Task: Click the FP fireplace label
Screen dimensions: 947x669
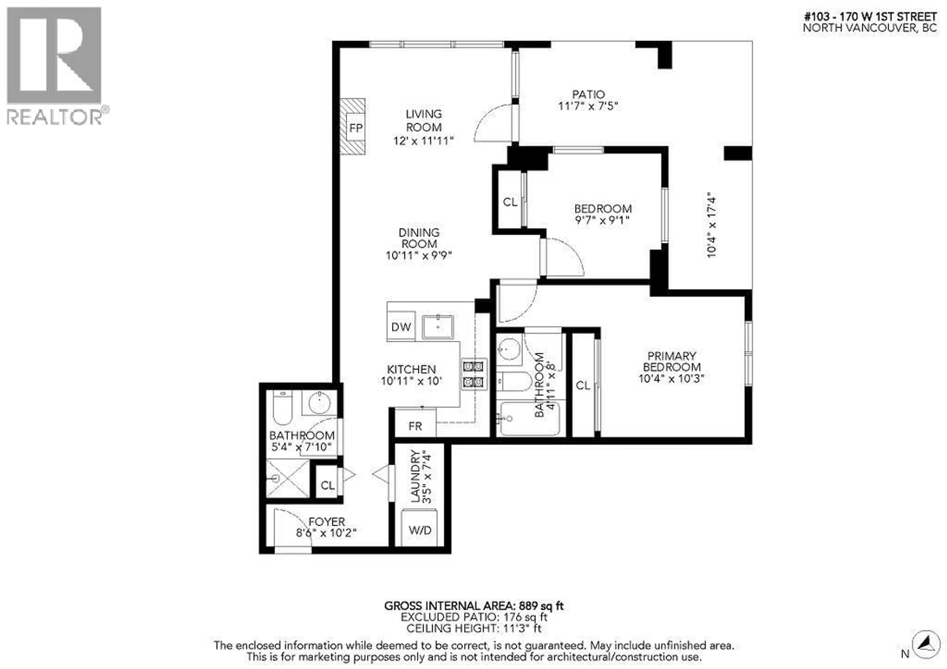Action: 356,128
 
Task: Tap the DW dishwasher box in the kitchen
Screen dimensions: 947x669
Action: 401,327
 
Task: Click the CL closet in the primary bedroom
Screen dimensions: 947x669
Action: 583,385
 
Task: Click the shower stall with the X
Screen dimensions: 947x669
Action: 288,478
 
